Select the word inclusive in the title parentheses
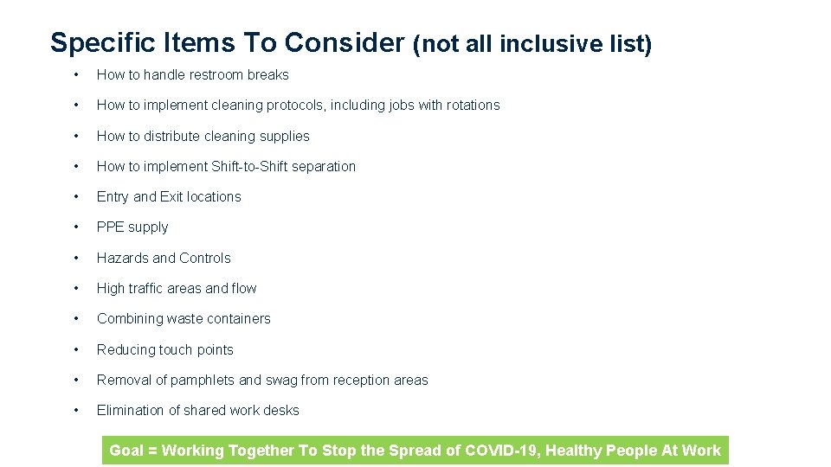click(x=553, y=44)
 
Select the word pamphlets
click(x=203, y=381)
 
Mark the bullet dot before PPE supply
click(x=77, y=227)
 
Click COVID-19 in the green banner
click(x=503, y=451)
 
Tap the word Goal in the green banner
click(x=126, y=451)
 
